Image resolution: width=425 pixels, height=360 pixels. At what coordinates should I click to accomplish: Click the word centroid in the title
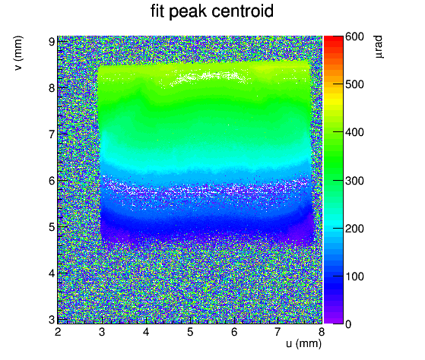coord(243,11)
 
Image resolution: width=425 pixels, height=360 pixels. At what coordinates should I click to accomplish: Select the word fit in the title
coord(157,11)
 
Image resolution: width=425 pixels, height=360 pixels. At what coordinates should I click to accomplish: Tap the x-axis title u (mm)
coord(303,343)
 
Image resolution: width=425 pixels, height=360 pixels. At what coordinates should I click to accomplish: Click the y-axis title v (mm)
coord(18,53)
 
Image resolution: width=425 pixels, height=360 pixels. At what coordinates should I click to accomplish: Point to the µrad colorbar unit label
coord(379,46)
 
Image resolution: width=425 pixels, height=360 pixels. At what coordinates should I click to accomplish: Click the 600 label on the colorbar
coord(354,36)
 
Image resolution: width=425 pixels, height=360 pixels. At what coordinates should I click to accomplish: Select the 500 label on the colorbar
coord(354,84)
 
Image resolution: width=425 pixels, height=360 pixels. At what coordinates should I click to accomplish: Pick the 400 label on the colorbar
coord(354,132)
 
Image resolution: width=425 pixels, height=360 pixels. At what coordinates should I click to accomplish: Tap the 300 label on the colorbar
coord(354,181)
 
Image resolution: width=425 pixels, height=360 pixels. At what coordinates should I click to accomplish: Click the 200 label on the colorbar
coord(354,229)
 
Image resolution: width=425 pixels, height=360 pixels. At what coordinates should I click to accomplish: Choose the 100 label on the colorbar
coord(354,276)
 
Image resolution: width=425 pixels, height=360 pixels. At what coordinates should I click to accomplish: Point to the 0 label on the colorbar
coord(348,324)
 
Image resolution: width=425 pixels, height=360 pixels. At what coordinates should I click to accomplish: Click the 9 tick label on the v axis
coord(52,42)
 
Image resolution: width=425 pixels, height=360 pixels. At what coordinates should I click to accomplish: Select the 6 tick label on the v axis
coord(52,181)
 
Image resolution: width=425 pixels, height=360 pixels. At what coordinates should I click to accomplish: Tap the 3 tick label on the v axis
coord(52,320)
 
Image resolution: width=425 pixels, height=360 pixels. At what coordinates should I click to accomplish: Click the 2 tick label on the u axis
coord(58,332)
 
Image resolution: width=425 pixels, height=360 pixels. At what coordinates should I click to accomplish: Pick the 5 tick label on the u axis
coord(190,332)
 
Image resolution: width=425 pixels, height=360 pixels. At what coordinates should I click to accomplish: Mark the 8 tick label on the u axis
coord(322,332)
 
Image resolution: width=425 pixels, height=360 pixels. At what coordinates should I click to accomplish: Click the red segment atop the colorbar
coord(334,39)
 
